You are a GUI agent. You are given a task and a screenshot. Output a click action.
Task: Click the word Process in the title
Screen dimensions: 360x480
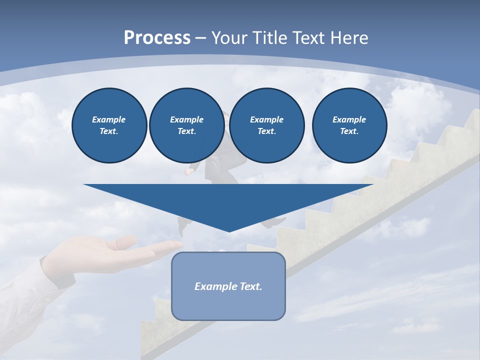[157, 38]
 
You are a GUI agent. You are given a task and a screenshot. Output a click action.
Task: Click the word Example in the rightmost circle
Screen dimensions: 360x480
[349, 119]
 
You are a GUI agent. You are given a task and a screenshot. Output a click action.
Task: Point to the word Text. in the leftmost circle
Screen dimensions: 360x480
[109, 131]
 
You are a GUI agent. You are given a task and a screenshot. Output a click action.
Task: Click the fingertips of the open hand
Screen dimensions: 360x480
[175, 244]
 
